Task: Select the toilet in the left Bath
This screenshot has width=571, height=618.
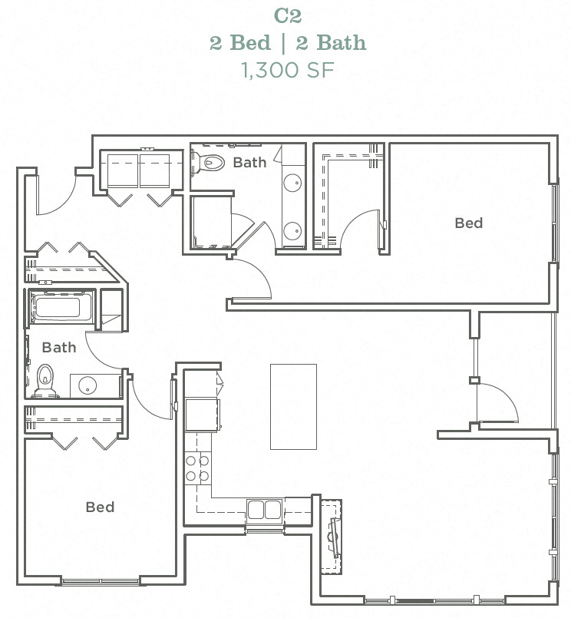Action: tap(46, 381)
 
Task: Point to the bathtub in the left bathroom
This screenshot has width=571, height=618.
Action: tap(57, 309)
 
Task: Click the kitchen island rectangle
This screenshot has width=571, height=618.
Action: tap(293, 406)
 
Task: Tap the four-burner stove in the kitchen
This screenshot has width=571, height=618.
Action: tap(197, 468)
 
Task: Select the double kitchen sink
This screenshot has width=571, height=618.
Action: tap(265, 510)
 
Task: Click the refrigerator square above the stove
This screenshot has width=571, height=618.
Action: tap(202, 415)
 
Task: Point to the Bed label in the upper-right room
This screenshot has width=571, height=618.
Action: tap(468, 223)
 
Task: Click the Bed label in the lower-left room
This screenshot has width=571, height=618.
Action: tap(100, 507)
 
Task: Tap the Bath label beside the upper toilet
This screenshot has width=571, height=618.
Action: tap(249, 162)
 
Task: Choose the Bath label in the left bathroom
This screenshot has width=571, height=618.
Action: tap(59, 347)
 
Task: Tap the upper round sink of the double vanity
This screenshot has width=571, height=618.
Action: tap(292, 183)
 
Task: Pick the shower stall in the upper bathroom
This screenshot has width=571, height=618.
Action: tap(210, 222)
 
